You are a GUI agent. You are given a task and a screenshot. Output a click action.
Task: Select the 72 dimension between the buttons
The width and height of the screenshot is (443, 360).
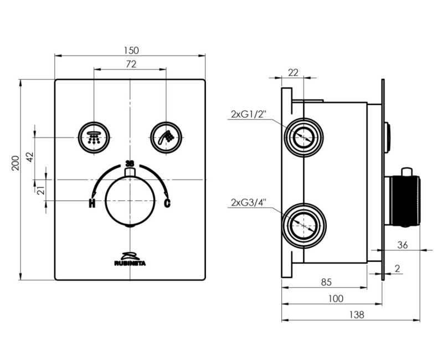130,64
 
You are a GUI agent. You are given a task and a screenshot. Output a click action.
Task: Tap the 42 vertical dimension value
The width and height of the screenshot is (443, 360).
30,157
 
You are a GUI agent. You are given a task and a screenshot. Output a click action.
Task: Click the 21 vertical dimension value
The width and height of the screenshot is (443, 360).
40,190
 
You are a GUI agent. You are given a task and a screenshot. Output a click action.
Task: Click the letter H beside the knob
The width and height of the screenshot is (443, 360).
92,203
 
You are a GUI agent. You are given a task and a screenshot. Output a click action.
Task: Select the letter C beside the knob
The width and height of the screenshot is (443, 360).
167,203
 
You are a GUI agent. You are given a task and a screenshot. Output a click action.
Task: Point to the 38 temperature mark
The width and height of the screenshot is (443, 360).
130,163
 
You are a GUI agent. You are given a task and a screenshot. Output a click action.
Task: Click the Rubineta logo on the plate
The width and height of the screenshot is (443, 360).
130,259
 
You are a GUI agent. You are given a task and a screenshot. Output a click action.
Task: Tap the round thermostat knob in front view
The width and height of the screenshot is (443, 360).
130,201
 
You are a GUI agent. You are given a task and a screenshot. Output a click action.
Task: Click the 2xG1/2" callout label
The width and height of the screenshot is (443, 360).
249,115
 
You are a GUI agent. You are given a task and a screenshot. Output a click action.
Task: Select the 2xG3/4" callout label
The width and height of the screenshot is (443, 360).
249,203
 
